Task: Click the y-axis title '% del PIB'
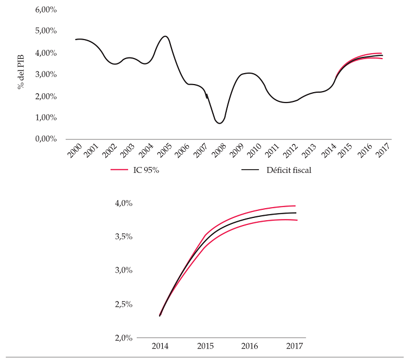coord(22,74)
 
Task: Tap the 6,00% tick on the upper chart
coord(46,10)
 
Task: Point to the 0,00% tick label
coord(46,139)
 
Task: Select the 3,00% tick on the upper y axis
coord(46,74)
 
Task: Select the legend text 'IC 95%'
coord(146,170)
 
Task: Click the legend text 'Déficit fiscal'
coord(289,170)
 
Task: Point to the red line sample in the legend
coord(119,170)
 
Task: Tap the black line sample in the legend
coord(250,170)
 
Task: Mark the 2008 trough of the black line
coord(219,123)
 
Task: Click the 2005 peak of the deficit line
coord(165,36)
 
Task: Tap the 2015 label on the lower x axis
coord(205,346)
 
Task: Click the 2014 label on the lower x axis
coord(160,346)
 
